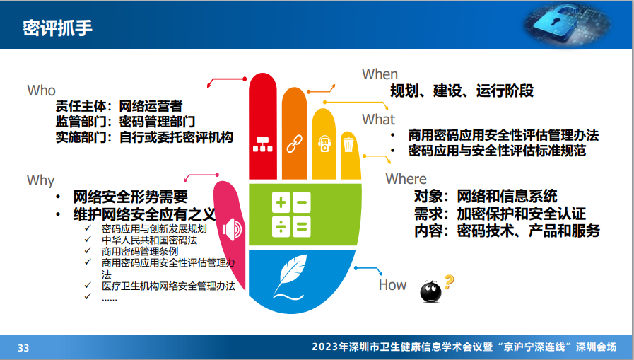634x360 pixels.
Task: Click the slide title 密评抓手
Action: point(57,28)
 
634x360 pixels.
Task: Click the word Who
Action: point(41,91)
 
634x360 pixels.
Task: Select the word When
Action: point(380,74)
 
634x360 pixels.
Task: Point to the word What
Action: point(378,120)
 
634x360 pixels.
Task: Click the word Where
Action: point(406,179)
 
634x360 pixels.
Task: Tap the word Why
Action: point(40,180)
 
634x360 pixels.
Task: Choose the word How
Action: point(392,285)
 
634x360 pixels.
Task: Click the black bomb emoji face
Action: point(430,291)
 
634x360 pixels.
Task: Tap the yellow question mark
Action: point(449,282)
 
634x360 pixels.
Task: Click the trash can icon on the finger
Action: point(348,144)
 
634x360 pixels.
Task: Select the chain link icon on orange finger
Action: point(294,144)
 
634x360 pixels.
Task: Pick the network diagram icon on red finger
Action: point(263,144)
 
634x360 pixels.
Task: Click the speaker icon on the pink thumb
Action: point(232,229)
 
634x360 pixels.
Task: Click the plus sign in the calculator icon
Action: point(281,202)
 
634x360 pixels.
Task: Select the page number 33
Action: point(23,348)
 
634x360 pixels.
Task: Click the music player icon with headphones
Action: point(324,144)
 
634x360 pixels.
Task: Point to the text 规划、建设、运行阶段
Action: point(462,91)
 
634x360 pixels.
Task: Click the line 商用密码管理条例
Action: point(140,251)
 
